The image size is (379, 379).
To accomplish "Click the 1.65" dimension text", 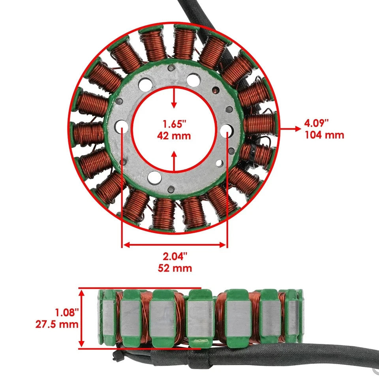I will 174,124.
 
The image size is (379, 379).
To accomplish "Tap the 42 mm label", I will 174,136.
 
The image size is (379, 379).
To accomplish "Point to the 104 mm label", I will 324,135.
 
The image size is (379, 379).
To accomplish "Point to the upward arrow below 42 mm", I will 174,160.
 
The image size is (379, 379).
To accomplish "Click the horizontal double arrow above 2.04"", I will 174,245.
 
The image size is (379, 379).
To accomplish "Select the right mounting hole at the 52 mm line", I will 227,130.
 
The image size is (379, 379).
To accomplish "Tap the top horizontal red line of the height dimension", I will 140,288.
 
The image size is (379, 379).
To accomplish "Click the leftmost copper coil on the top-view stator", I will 89,133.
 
